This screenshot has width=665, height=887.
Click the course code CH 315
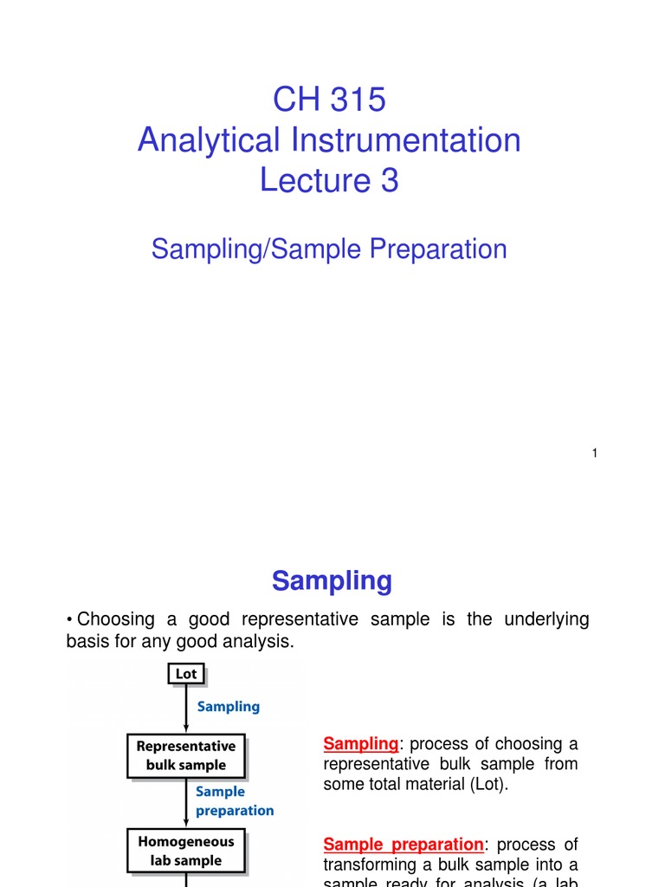click(329, 100)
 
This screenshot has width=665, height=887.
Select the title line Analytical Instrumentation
click(329, 140)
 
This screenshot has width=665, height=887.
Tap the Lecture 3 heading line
click(329, 180)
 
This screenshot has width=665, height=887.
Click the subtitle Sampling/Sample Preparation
click(329, 249)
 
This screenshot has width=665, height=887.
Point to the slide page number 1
click(595, 453)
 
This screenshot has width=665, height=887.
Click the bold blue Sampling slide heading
click(332, 580)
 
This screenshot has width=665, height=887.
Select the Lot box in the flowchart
click(186, 674)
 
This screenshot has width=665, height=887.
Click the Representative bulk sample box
click(186, 755)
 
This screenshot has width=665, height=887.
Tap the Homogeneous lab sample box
click(186, 851)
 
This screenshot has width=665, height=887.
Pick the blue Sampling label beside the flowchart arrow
click(229, 706)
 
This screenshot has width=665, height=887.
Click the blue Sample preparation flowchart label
click(234, 801)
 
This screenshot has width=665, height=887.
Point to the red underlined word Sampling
click(360, 744)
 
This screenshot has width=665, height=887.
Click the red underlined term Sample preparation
click(403, 845)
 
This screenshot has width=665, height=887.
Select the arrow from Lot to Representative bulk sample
click(186, 709)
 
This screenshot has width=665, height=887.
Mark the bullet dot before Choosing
click(69, 620)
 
